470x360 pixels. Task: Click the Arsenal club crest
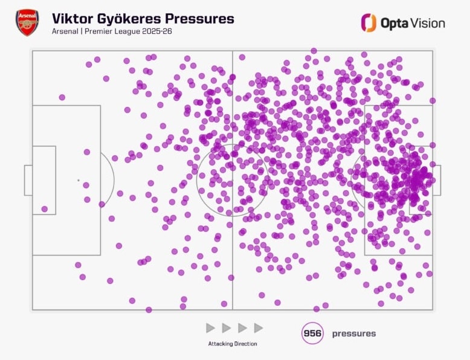coord(27,23)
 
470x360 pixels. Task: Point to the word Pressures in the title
coord(203,18)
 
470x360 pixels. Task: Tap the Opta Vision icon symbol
coord(369,23)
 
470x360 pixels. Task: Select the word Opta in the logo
coord(395,24)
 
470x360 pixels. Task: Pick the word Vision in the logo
coord(429,23)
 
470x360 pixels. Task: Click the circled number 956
coord(312,333)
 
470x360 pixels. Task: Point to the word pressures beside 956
coord(353,333)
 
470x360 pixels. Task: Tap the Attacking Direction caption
coord(233,344)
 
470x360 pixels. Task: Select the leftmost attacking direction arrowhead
coord(210,328)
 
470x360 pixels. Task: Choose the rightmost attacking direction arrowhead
coord(259,328)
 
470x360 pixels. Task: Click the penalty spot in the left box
coord(78,180)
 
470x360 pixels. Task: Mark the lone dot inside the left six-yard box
coord(44,209)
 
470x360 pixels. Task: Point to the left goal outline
coord(28,180)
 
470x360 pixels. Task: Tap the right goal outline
coord(437,180)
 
